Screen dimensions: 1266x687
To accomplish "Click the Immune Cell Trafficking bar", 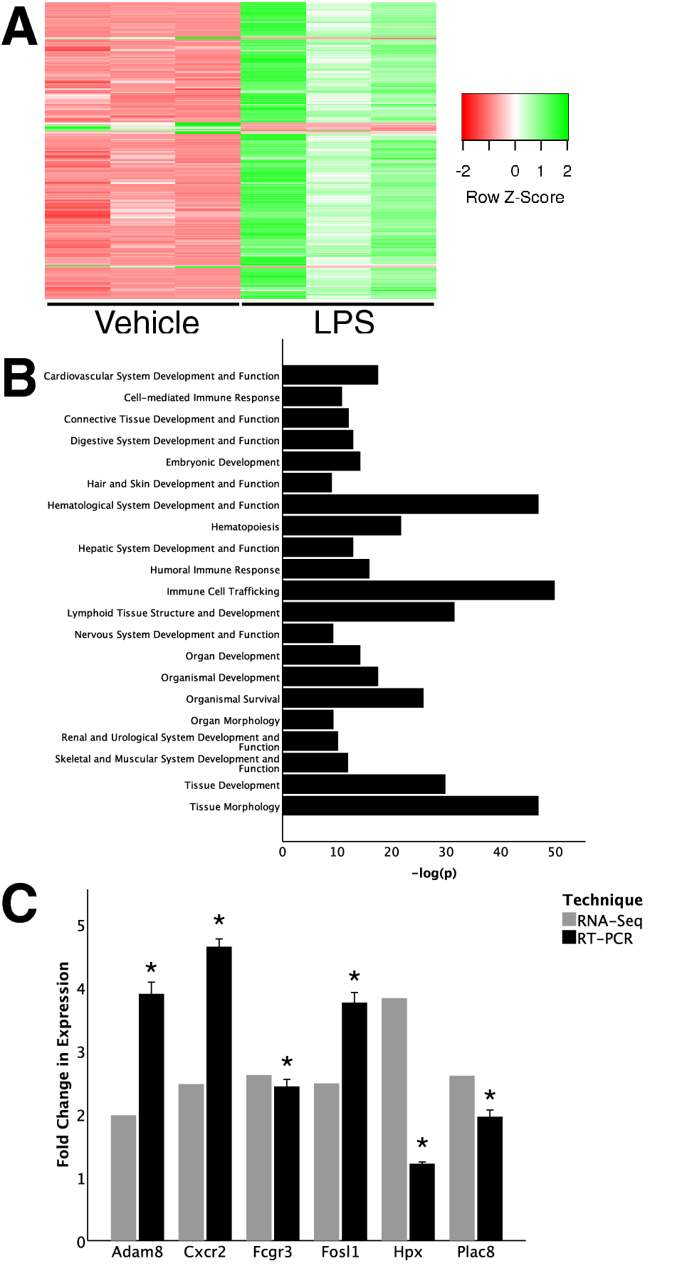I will pos(419,590).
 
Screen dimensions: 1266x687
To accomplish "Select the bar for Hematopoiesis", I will pos(342,526).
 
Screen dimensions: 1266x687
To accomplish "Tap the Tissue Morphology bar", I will pos(410,806).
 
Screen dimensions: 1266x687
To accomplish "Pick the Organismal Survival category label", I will pos(233,699).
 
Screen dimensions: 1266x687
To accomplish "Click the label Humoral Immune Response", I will pos(215,570).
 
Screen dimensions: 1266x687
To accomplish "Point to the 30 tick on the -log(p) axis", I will pos(446,852).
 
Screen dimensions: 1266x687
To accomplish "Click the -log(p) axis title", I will pos(434,873).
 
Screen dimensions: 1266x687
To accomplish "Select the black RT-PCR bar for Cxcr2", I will pos(219,1093).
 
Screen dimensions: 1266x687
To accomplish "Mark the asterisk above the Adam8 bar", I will pos(151,969).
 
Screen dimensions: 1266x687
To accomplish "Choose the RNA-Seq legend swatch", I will pos(569,919).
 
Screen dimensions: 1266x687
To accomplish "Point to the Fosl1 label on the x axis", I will pos(340,1252).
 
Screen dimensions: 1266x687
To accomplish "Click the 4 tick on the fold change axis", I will pos(80,989).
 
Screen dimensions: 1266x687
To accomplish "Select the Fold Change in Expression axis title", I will pos(63,1064).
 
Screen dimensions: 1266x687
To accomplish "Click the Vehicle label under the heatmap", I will pos(147,323).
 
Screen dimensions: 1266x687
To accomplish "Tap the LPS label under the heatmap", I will pos(344,323).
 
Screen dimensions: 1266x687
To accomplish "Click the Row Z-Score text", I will pos(515,197).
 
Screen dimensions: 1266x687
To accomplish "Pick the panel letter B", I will pos(19,377).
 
